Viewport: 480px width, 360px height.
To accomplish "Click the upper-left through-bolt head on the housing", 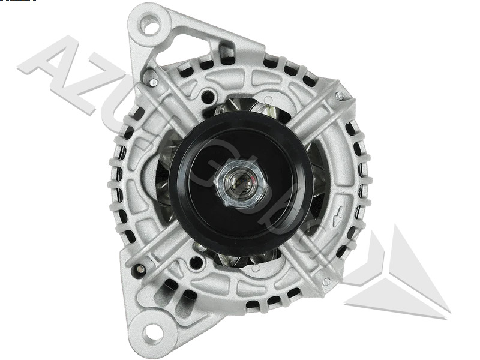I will point(154,82).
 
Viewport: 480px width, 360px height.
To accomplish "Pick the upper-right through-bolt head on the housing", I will point(340,96).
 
